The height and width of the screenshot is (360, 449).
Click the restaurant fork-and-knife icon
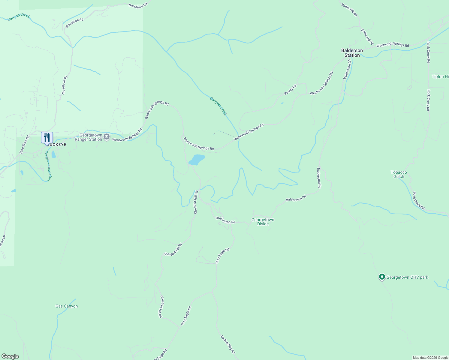click(47, 138)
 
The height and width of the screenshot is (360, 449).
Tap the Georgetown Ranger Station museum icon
click(107, 137)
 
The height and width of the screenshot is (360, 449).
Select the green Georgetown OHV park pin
click(382, 277)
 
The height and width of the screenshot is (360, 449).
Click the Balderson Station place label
click(352, 53)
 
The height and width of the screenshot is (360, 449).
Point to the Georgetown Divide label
click(263, 222)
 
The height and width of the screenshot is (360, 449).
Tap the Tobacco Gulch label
click(399, 174)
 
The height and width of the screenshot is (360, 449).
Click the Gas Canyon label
click(67, 306)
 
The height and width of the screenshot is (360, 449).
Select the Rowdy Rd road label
click(290, 90)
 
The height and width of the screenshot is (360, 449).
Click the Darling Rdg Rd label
click(228, 344)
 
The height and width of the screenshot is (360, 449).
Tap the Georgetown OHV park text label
click(407, 277)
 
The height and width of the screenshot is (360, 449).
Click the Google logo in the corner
click(10, 356)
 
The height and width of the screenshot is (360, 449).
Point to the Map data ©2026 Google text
click(430, 358)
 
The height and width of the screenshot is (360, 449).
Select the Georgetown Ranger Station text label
click(89, 137)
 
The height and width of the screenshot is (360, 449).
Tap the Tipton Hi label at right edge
click(440, 76)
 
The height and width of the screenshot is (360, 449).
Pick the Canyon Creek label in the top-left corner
click(19, 16)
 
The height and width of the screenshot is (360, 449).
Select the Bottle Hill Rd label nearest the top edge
click(349, 10)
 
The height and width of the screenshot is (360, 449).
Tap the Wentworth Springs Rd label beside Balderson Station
click(393, 45)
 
